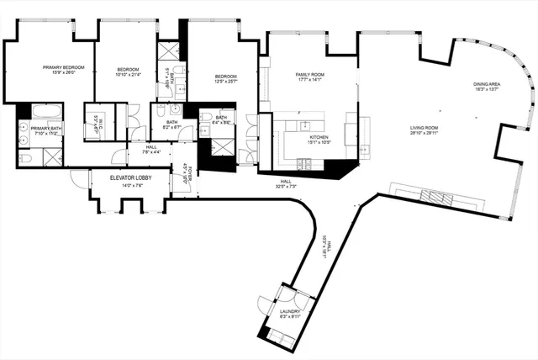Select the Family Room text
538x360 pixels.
click(x=309, y=75)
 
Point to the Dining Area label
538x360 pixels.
click(x=487, y=84)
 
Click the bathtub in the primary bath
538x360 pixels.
click(x=41, y=112)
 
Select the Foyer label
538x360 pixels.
click(x=188, y=172)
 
